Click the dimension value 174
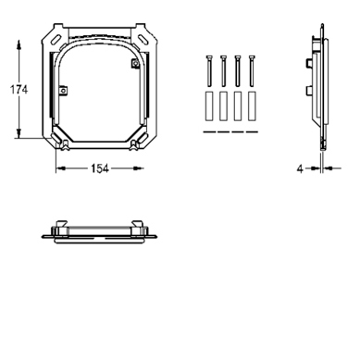pyautogui.click(x=19, y=90)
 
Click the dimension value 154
pyautogui.click(x=100, y=168)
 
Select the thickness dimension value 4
pyautogui.click(x=300, y=168)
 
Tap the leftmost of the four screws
pyautogui.click(x=209, y=71)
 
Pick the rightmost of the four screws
pyautogui.click(x=252, y=71)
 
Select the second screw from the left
pyautogui.click(x=223, y=71)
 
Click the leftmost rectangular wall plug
pyautogui.click(x=209, y=106)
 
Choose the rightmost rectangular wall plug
pyautogui.click(x=252, y=106)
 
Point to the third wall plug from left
pyautogui.click(x=238, y=106)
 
